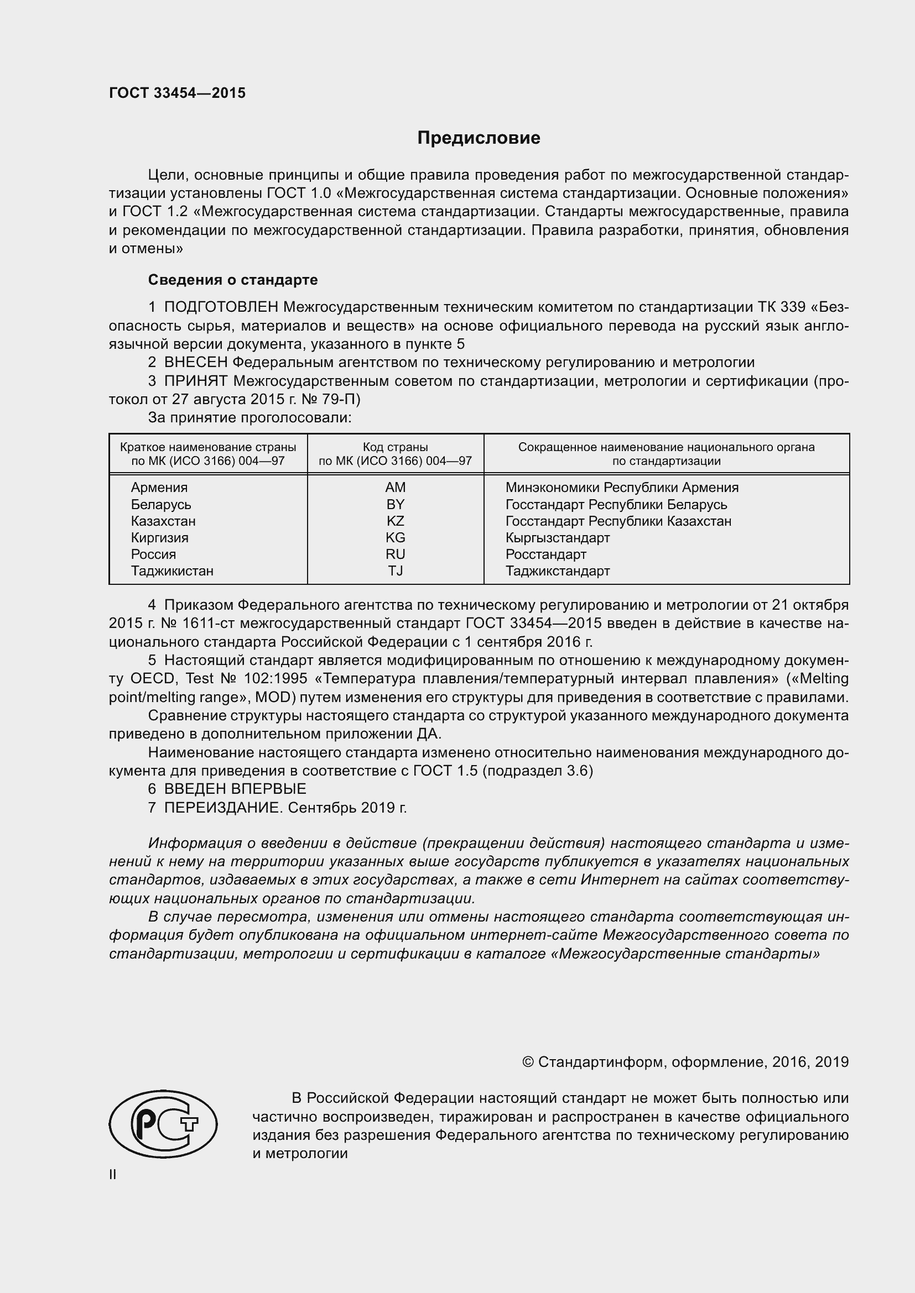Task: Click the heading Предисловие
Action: pyautogui.click(x=479, y=138)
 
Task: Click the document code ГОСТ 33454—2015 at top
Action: pyautogui.click(x=177, y=93)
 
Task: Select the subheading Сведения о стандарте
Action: pyautogui.click(x=233, y=280)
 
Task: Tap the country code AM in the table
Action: pyautogui.click(x=395, y=487)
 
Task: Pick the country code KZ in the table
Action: pyautogui.click(x=395, y=521)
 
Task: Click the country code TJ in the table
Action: pyautogui.click(x=395, y=571)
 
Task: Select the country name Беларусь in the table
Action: pyautogui.click(x=160, y=505)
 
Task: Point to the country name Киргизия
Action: pyautogui.click(x=159, y=538)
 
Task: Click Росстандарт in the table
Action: pyautogui.click(x=545, y=554)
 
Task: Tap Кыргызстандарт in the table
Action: pyautogui.click(x=557, y=538)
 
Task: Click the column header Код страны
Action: pyautogui.click(x=395, y=447)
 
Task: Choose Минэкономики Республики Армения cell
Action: pyautogui.click(x=621, y=488)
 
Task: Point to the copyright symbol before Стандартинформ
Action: pyautogui.click(x=528, y=1062)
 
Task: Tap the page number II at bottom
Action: pyautogui.click(x=113, y=1175)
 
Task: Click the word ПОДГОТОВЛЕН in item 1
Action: pyautogui.click(x=221, y=307)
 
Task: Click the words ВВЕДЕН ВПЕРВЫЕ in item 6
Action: pyautogui.click(x=235, y=789)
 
